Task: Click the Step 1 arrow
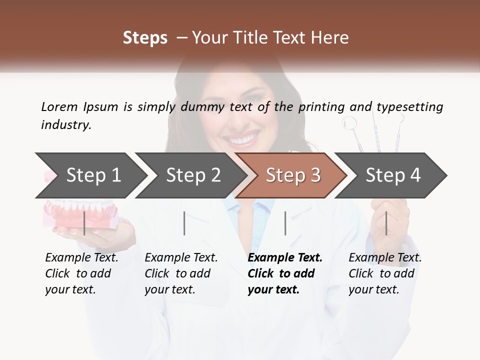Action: click(x=93, y=175)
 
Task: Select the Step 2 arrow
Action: click(x=193, y=175)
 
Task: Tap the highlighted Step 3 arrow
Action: click(x=293, y=175)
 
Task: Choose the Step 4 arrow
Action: click(x=393, y=175)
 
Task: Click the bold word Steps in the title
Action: click(x=145, y=37)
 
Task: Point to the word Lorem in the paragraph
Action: click(x=59, y=106)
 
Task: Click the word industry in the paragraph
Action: click(x=65, y=124)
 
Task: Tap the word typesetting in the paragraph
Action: click(x=409, y=106)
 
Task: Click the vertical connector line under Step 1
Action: click(x=84, y=223)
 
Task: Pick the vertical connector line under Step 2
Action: click(x=184, y=223)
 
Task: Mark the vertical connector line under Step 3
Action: click(x=285, y=223)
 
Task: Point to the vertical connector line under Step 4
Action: click(x=386, y=223)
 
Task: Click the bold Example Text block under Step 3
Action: click(x=284, y=273)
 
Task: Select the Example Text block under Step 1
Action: click(x=81, y=273)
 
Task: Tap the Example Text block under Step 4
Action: click(x=384, y=273)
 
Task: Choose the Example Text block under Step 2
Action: click(x=181, y=273)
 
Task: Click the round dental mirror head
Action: click(x=349, y=122)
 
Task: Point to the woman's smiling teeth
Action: click(x=244, y=138)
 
